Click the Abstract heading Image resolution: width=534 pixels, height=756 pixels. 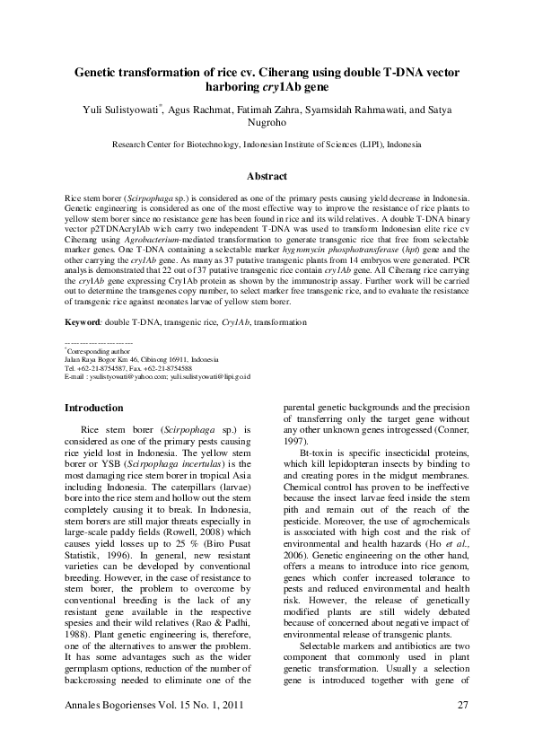tap(267, 177)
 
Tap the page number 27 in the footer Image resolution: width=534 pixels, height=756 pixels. tap(463, 728)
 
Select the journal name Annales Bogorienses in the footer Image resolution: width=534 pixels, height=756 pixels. tap(116, 728)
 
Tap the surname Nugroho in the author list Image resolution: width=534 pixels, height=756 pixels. tap(267, 124)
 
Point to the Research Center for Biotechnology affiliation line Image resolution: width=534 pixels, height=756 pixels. tap(267, 144)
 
